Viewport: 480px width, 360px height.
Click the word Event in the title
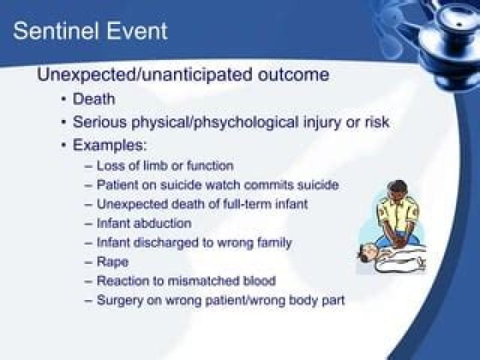[x=137, y=31]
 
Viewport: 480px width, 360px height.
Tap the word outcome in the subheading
[x=293, y=75]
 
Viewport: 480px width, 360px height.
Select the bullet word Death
[x=94, y=99]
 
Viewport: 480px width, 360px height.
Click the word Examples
[x=110, y=145]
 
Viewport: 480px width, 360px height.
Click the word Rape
[x=113, y=262]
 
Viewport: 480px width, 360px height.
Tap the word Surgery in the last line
[x=120, y=300]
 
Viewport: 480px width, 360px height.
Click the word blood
[x=259, y=281]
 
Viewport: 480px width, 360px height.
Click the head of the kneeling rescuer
[x=397, y=190]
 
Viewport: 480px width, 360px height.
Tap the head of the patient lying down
[x=367, y=252]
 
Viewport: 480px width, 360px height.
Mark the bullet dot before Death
[x=64, y=99]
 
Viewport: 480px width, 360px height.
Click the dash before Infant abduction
[x=89, y=224]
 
